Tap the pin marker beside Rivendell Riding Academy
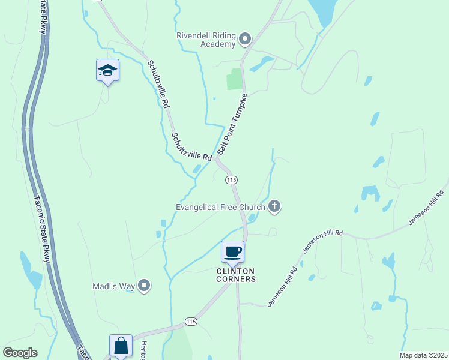(245, 40)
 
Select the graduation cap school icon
(108, 70)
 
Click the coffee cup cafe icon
(233, 251)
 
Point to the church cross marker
(275, 207)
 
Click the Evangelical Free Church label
(220, 207)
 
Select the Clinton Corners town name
(236, 275)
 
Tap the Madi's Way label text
(113, 286)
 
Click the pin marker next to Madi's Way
(144, 286)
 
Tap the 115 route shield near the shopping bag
(191, 322)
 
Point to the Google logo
(20, 353)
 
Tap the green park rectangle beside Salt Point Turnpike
(235, 79)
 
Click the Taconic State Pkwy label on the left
(43, 228)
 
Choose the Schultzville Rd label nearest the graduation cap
(157, 83)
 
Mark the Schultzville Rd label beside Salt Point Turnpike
(191, 147)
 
